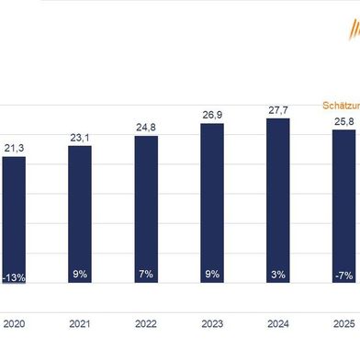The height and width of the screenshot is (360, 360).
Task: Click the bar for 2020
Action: click(14, 220)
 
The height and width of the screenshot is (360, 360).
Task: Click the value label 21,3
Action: click(14, 147)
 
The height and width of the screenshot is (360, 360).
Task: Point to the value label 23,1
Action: click(80, 137)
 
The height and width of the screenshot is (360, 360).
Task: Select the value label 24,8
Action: click(146, 128)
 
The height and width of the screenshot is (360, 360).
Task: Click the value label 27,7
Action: click(278, 110)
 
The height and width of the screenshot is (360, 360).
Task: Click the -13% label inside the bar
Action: click(14, 275)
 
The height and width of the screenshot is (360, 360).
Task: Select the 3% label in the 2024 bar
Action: click(278, 275)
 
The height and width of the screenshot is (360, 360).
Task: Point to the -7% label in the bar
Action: click(343, 275)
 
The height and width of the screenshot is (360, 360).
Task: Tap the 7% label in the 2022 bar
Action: click(146, 275)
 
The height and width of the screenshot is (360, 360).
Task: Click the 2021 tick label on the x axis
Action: click(80, 322)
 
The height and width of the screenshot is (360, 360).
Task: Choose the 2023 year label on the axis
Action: click(212, 322)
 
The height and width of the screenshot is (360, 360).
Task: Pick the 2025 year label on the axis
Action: click(343, 322)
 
